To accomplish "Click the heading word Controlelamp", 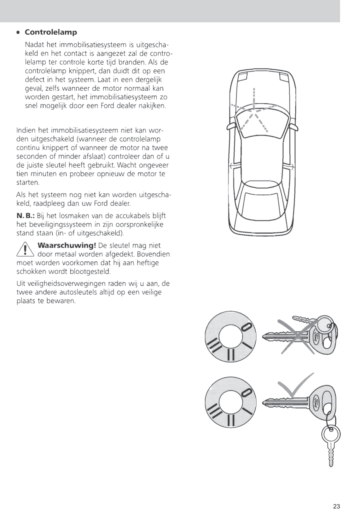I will coord(51,32).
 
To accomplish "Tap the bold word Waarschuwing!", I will coord(67,245).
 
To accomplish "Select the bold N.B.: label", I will coord(26,216).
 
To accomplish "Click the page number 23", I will coord(336,506).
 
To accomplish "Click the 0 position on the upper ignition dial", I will coord(246,327).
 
